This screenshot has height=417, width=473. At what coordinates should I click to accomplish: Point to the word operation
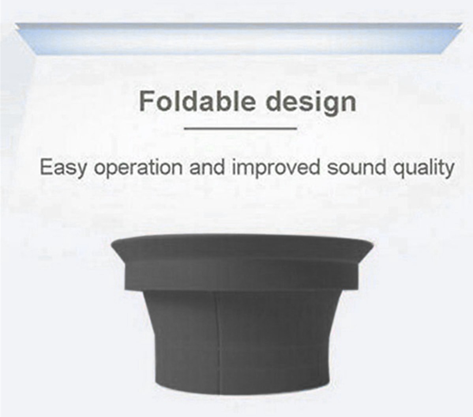coord(139,168)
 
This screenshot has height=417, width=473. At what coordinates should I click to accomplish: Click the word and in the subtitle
coord(207,167)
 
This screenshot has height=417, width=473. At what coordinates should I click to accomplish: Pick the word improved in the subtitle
coord(276,168)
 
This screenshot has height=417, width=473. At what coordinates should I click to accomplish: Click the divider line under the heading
coord(240,128)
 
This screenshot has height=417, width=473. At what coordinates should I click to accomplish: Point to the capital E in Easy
coord(47,167)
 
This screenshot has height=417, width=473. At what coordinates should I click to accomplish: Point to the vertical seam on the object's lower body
coord(218,338)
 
